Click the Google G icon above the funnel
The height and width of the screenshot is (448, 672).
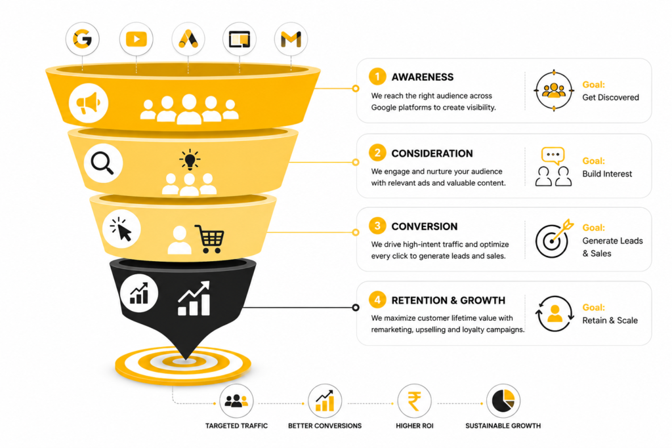pos(82,39)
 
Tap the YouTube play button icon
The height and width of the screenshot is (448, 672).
pos(136,39)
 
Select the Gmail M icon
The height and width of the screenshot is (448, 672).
pos(291,39)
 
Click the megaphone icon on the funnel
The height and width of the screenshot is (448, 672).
pos(89,103)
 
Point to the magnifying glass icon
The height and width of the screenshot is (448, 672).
pos(103,163)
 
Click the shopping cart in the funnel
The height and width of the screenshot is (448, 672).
pos(209,239)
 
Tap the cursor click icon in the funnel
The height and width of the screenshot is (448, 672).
pos(121,229)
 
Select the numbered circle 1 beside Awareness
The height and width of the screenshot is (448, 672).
pos(377,77)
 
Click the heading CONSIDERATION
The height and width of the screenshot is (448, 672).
pos(432,153)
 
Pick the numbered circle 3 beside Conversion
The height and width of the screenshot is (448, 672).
pos(377,226)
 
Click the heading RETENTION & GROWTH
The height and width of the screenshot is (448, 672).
pos(448,300)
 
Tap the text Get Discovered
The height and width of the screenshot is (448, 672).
pos(610,97)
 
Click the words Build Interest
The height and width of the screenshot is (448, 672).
pos(607,173)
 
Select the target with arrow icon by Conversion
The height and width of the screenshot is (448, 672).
pos(554,239)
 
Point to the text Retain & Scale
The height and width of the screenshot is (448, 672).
pos(610,320)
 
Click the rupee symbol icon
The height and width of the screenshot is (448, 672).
pos(414,401)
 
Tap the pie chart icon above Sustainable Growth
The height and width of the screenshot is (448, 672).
pos(503,401)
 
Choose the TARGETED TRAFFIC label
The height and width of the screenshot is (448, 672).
pos(236,426)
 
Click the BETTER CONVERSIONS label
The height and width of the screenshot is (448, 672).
pos(325,426)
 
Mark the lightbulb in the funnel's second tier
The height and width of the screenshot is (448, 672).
pos(190,160)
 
